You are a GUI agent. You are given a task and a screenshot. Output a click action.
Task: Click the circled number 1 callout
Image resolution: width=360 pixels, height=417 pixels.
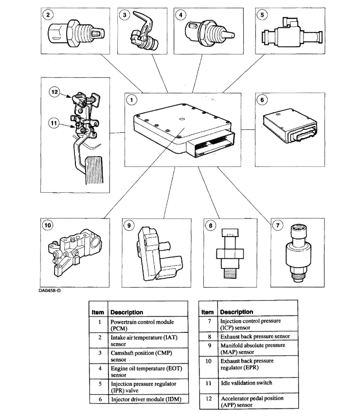click(x=131, y=100)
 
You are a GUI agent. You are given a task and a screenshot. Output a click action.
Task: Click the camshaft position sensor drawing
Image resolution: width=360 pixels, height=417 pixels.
click(x=144, y=35)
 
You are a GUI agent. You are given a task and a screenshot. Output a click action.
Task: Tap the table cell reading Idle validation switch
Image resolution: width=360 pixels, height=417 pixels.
click(x=243, y=383)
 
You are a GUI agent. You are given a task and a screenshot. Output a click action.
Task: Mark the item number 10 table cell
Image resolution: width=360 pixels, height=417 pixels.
click(x=208, y=361)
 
